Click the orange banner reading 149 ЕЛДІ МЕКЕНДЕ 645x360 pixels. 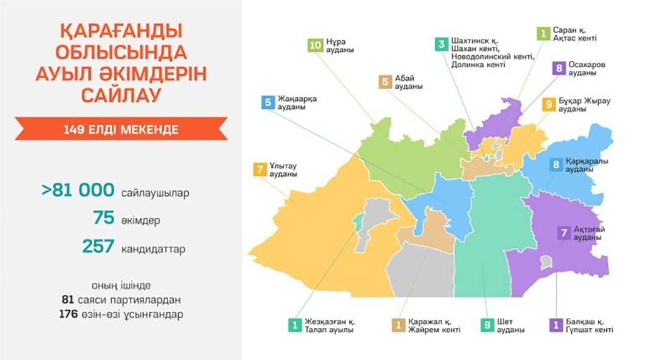[121, 129]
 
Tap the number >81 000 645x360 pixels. [78, 190]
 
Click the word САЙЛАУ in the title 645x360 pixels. [121, 95]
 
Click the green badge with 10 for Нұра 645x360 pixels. [315, 45]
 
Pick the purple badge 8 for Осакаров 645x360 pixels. [559, 68]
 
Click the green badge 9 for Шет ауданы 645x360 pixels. [487, 326]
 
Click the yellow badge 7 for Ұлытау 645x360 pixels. [260, 170]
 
